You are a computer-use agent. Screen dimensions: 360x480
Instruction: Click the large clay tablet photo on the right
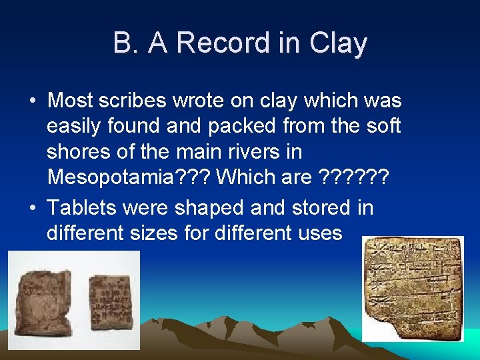point(413,289)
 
